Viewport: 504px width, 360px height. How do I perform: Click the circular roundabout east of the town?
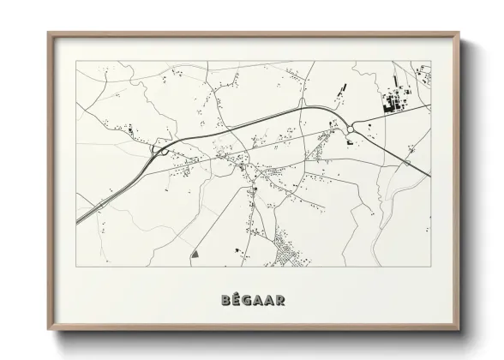click(351, 129)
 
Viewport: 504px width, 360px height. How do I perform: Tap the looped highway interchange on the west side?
click(160, 150)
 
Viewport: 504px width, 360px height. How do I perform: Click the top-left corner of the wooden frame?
click(49, 33)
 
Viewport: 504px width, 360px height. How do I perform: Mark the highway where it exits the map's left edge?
click(78, 223)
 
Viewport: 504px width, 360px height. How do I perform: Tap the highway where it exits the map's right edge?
click(429, 178)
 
